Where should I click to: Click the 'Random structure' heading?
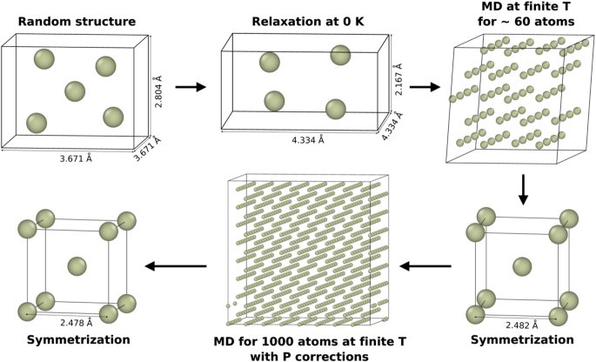coord(68,21)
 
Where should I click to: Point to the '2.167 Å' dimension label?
coord(398,81)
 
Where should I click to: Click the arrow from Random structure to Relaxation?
coord(191,87)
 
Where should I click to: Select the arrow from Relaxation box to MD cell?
coord(425,87)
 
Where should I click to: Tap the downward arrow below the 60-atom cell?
coord(523,189)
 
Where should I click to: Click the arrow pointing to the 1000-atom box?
coord(425,265)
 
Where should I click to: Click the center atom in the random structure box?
coord(75,91)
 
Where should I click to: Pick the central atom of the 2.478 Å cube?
coord(77,265)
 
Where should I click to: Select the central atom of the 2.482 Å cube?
coord(522,265)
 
